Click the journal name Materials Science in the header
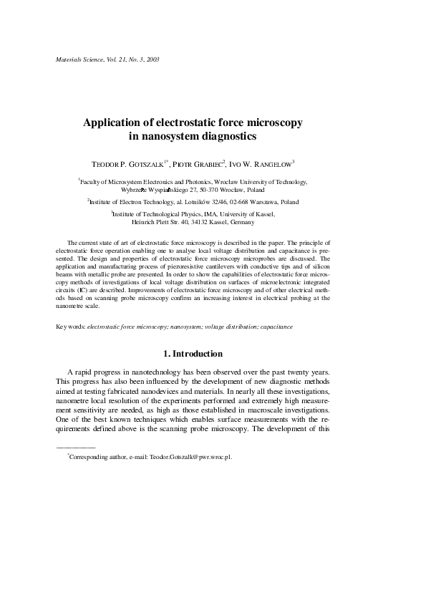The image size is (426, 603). [79, 57]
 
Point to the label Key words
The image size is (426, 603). [69, 327]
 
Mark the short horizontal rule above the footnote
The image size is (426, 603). [75, 447]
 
